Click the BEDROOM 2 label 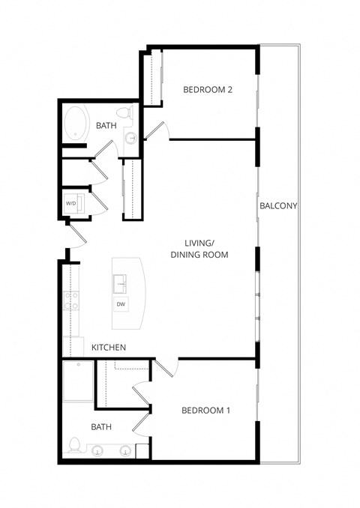click(208, 90)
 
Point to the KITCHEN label click(109, 348)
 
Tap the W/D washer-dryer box click(71, 203)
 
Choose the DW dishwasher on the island click(121, 304)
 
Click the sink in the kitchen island click(121, 283)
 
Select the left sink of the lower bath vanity click(99, 451)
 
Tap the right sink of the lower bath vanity click(125, 451)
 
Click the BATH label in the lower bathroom click(101, 427)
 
